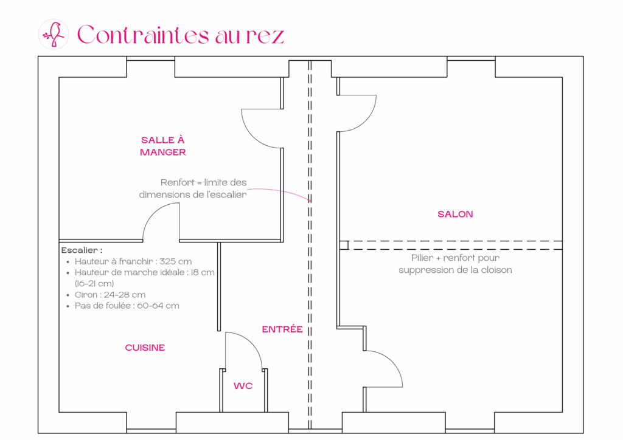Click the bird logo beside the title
(x=54, y=35)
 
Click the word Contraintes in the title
(x=143, y=35)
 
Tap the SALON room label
(x=455, y=215)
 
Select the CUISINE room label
(x=145, y=348)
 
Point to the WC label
(x=243, y=386)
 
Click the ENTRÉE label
(x=282, y=329)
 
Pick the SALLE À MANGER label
(x=163, y=146)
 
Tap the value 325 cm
(x=176, y=261)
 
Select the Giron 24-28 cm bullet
(x=110, y=295)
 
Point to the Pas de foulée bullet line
(x=127, y=306)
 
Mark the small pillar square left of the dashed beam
(x=344, y=245)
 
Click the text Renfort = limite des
(x=203, y=182)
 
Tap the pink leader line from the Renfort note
(x=279, y=192)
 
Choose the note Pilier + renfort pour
(x=455, y=258)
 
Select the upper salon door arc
(x=366, y=120)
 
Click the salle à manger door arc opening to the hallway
(x=252, y=136)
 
